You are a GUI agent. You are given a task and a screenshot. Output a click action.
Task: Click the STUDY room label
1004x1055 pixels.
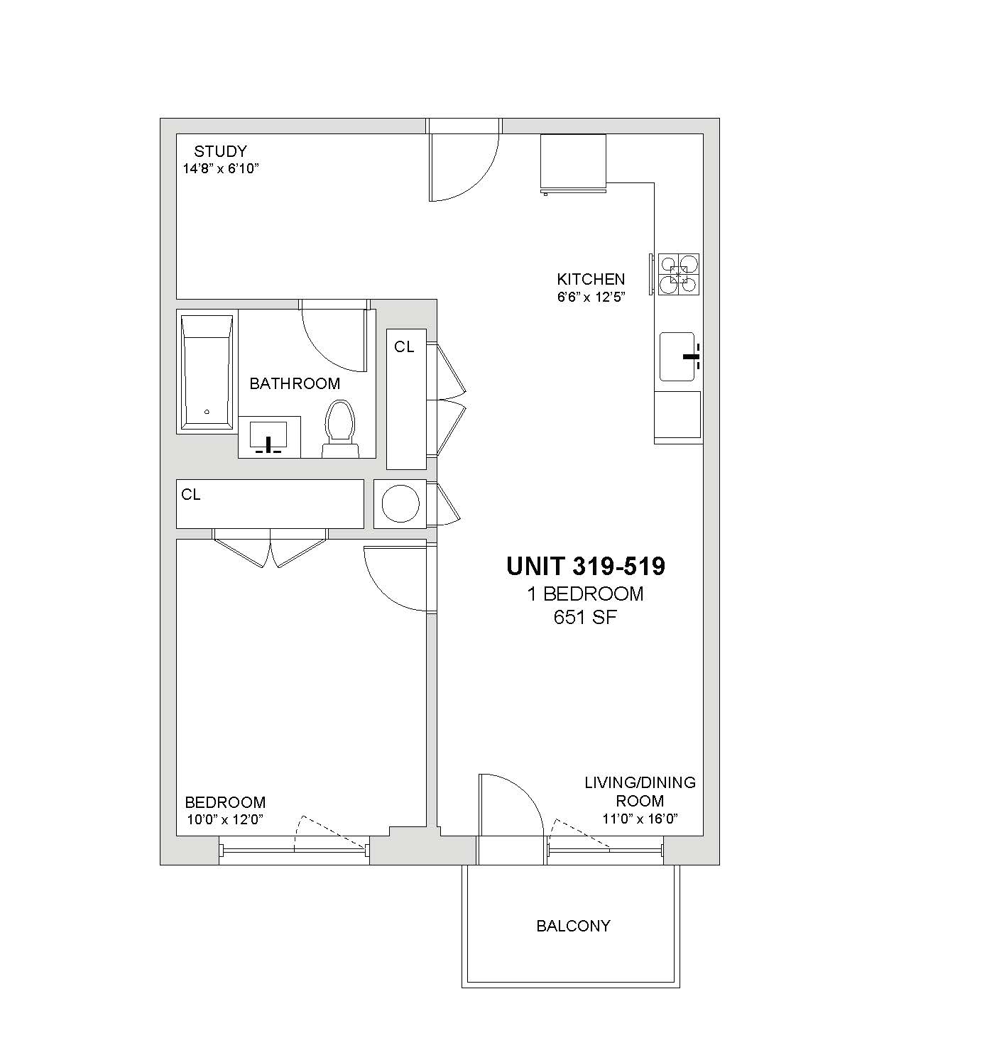(x=220, y=151)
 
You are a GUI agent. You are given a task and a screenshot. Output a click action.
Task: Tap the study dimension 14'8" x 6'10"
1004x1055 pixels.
(x=221, y=169)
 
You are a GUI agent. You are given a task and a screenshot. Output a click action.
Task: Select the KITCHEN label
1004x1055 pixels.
(x=591, y=279)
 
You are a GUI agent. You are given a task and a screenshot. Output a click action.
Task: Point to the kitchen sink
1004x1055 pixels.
(x=677, y=356)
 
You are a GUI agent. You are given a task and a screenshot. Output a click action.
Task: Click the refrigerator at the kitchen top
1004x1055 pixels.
(x=574, y=163)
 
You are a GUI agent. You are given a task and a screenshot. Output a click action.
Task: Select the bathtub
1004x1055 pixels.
(x=207, y=373)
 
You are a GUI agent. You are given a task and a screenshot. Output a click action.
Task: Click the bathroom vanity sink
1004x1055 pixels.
(x=268, y=437)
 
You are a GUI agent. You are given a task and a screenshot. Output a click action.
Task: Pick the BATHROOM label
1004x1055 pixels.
(x=295, y=383)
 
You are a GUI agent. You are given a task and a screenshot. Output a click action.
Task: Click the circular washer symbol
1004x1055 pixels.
(x=400, y=504)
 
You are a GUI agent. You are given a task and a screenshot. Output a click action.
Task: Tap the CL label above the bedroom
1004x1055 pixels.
(x=190, y=494)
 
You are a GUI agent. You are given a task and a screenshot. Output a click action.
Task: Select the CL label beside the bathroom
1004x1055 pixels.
(x=404, y=347)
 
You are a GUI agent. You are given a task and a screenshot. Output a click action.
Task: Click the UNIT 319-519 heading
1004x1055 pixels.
(x=586, y=566)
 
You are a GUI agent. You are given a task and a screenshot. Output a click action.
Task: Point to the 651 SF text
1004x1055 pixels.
(x=585, y=617)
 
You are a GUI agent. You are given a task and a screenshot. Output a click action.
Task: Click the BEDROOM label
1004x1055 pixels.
(x=225, y=802)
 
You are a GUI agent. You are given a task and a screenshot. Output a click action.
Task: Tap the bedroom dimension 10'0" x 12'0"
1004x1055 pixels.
(x=225, y=819)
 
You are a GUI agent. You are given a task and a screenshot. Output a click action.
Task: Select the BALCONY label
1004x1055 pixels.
(x=574, y=926)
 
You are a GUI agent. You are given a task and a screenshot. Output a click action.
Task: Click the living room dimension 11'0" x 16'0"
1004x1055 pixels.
(x=640, y=819)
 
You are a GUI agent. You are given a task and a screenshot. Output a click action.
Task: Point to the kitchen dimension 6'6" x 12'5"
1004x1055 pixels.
(x=591, y=297)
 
